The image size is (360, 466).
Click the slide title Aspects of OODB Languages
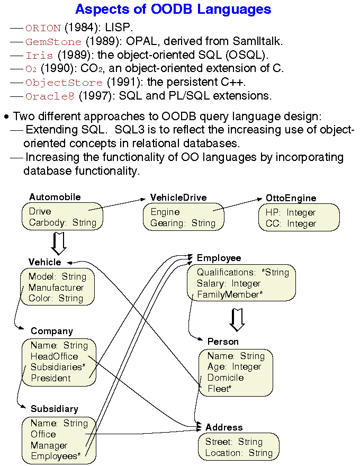(173, 9)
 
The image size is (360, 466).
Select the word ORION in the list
(43, 28)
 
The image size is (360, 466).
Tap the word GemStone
(53, 41)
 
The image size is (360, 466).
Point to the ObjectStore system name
(64, 83)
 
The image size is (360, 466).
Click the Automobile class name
(55, 197)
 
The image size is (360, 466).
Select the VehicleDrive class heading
(178, 198)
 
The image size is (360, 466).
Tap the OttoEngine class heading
(291, 199)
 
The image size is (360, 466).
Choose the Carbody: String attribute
(62, 222)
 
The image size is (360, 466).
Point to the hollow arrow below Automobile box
(59, 244)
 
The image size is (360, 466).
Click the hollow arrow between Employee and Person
(237, 319)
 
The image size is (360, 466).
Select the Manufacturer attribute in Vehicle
(56, 288)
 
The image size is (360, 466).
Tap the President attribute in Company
(50, 378)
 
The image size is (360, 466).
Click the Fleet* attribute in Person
(219, 389)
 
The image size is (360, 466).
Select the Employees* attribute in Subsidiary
(56, 456)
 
